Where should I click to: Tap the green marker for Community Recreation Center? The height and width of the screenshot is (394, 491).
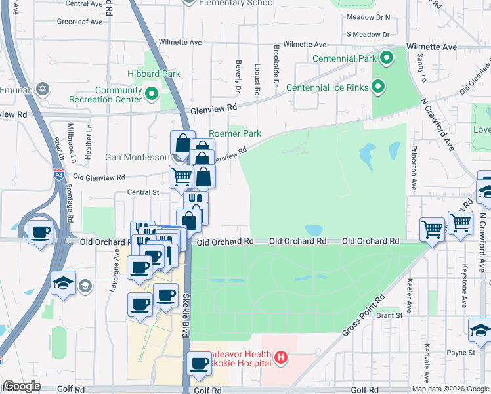pyautogui.click(x=152, y=95)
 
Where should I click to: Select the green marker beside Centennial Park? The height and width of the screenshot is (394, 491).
pyautogui.click(x=387, y=58)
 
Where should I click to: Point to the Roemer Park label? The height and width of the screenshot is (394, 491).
pyautogui.click(x=235, y=133)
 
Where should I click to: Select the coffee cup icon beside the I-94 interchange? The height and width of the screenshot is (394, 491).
pyautogui.click(x=41, y=232)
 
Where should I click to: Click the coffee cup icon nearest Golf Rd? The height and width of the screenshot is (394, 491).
pyautogui.click(x=199, y=363)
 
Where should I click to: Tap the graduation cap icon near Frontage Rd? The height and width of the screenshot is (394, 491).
pyautogui.click(x=63, y=283)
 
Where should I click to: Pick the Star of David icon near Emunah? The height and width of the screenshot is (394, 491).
pyautogui.click(x=43, y=89)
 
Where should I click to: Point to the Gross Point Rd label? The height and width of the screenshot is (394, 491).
pyautogui.click(x=362, y=317)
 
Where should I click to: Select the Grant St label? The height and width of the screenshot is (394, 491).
pyautogui.click(x=389, y=316)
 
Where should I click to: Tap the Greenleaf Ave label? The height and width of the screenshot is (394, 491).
pyautogui.click(x=79, y=21)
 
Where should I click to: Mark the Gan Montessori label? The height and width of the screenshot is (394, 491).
pyautogui.click(x=137, y=157)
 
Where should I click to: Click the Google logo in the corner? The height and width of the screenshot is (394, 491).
pyautogui.click(x=22, y=386)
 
